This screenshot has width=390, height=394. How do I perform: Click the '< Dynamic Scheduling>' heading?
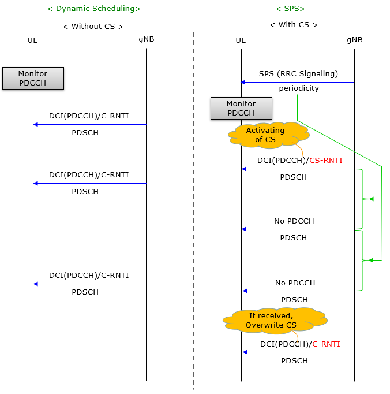click(x=93, y=9)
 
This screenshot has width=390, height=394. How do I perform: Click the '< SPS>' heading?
click(x=290, y=9)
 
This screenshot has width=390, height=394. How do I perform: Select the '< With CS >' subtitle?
click(x=294, y=25)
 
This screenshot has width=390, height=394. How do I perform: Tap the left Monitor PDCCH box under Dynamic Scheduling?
click(x=33, y=78)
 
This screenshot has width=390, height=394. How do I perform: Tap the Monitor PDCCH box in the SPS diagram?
click(x=241, y=108)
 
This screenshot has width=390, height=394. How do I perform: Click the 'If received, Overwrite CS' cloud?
click(x=274, y=320)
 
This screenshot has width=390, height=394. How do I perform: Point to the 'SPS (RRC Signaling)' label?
click(x=298, y=74)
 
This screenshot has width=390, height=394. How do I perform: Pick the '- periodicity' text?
click(x=296, y=88)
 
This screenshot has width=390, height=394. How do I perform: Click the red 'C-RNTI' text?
click(x=326, y=344)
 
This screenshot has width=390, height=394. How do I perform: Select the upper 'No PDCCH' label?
click(x=294, y=221)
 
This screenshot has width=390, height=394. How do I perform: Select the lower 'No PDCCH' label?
click(x=295, y=283)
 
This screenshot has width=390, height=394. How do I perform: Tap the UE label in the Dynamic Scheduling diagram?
click(x=33, y=40)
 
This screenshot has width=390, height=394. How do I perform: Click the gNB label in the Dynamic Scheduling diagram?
click(x=147, y=39)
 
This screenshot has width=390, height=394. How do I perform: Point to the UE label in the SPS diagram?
click(x=241, y=40)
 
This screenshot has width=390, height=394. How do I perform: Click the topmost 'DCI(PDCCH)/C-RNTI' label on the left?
click(x=89, y=116)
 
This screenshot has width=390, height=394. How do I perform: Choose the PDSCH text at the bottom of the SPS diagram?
click(x=294, y=360)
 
